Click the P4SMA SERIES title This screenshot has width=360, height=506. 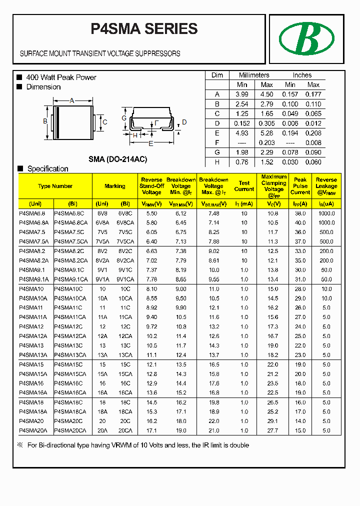(x=144, y=29)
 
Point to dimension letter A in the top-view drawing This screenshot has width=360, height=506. (x=71, y=101)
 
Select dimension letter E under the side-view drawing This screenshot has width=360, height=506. (x=150, y=143)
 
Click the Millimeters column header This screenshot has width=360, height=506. (x=254, y=75)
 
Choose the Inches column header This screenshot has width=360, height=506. (x=302, y=75)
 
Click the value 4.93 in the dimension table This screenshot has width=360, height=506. (x=241, y=133)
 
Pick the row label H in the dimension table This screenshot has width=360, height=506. (x=217, y=162)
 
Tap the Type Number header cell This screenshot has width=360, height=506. (x=55, y=186)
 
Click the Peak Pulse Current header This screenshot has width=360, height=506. (x=300, y=186)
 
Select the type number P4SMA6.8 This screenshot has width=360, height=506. (x=32, y=213)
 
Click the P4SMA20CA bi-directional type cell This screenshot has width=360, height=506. (x=70, y=430)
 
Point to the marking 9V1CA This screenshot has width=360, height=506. (x=125, y=279)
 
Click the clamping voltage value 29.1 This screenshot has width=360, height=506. (x=273, y=421)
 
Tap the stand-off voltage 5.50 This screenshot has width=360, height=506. (x=151, y=213)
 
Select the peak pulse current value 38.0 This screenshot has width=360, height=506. (x=300, y=213)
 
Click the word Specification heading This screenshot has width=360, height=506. (x=47, y=169)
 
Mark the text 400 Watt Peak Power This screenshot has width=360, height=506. (x=61, y=77)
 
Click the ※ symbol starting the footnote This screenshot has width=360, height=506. (x=20, y=445)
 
